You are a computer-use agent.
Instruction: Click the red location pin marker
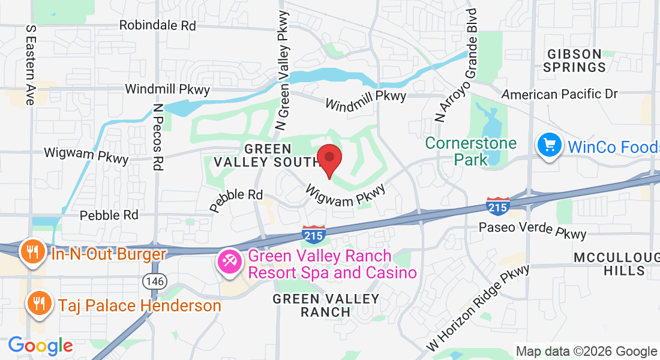(x=329, y=160)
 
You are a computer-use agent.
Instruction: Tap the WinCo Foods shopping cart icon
(x=549, y=146)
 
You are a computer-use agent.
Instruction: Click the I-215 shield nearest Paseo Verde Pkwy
(x=498, y=206)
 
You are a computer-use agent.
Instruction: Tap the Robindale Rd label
(x=158, y=25)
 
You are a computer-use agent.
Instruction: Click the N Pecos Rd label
(x=158, y=137)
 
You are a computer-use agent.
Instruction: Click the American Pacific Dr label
(x=559, y=94)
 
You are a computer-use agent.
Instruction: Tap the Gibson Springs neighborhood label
(x=574, y=60)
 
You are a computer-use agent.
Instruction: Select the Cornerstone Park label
(x=470, y=151)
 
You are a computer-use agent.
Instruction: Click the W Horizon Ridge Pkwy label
(x=478, y=307)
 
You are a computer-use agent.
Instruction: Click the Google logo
(x=40, y=346)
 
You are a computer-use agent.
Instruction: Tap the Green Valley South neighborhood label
(x=266, y=155)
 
